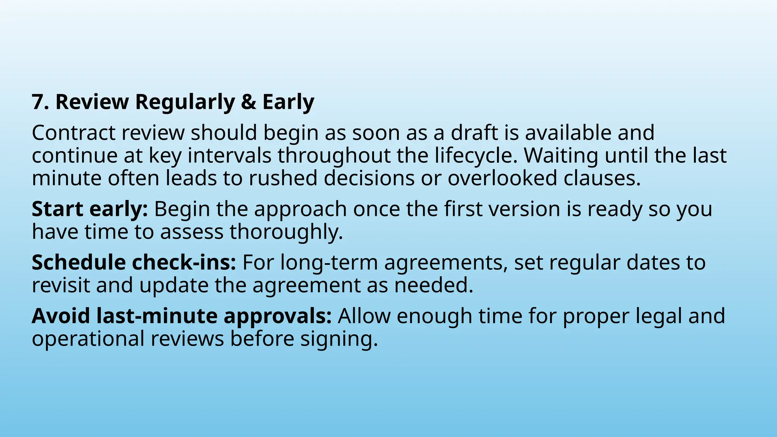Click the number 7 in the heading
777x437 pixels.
click(38, 102)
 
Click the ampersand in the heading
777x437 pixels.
click(249, 102)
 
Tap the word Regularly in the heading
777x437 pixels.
click(185, 102)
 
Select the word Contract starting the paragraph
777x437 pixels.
click(73, 133)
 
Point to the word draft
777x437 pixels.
click(474, 133)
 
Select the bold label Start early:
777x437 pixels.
click(90, 209)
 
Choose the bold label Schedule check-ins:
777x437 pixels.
click(134, 263)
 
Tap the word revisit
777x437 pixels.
click(61, 285)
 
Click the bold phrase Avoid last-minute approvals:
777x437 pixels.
click(181, 316)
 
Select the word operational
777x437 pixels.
click(88, 339)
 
